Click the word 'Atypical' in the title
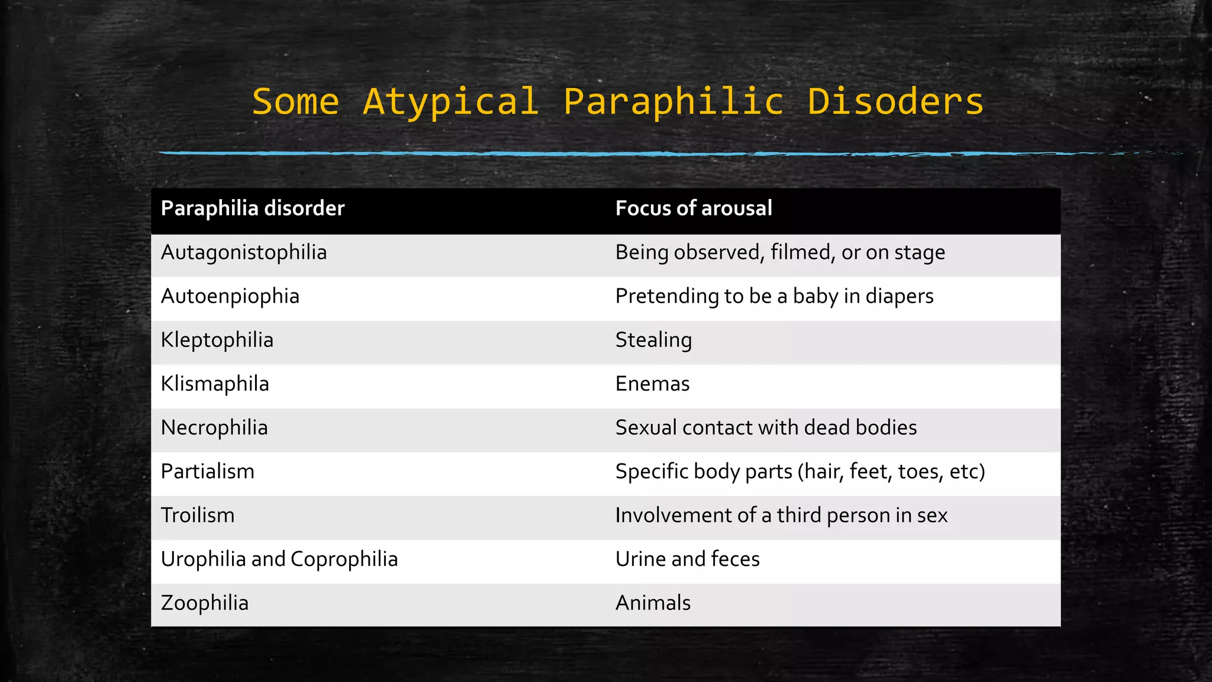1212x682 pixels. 451,102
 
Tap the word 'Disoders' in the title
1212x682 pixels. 895,102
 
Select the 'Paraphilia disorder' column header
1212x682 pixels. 253,208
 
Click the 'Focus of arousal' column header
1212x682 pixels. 694,208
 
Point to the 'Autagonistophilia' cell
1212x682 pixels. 244,253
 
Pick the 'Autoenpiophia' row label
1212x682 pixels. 230,296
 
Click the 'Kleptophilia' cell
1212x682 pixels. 217,340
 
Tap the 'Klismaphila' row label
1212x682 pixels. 215,384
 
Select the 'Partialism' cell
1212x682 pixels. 208,472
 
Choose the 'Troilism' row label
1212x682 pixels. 198,516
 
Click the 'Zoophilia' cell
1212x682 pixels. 205,603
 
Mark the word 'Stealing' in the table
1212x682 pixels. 653,340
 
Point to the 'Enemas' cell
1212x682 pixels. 652,384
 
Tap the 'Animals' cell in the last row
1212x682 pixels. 653,603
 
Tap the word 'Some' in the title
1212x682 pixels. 295,102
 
